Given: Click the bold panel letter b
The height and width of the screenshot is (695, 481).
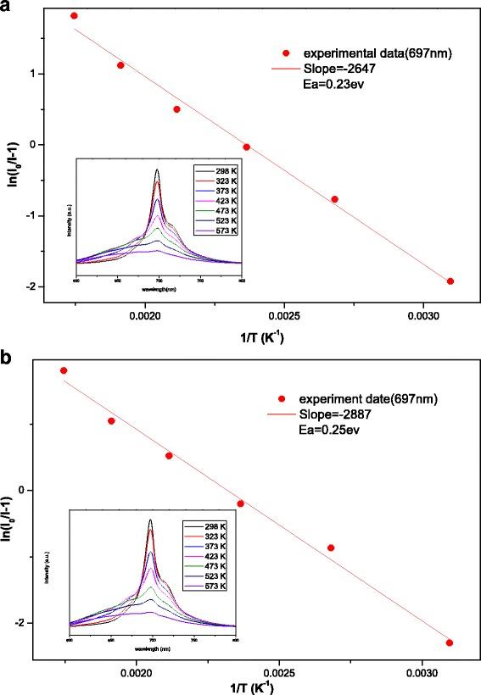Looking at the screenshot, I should pyautogui.click(x=8, y=356).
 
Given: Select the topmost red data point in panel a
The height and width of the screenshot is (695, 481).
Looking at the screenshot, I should pyautogui.click(x=74, y=16).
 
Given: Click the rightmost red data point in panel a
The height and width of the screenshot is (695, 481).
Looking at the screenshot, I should pyautogui.click(x=450, y=281).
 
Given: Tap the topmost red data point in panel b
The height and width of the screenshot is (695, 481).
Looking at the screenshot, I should pyautogui.click(x=64, y=370).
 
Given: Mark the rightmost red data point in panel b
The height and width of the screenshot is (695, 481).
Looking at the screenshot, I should pyautogui.click(x=450, y=643).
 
